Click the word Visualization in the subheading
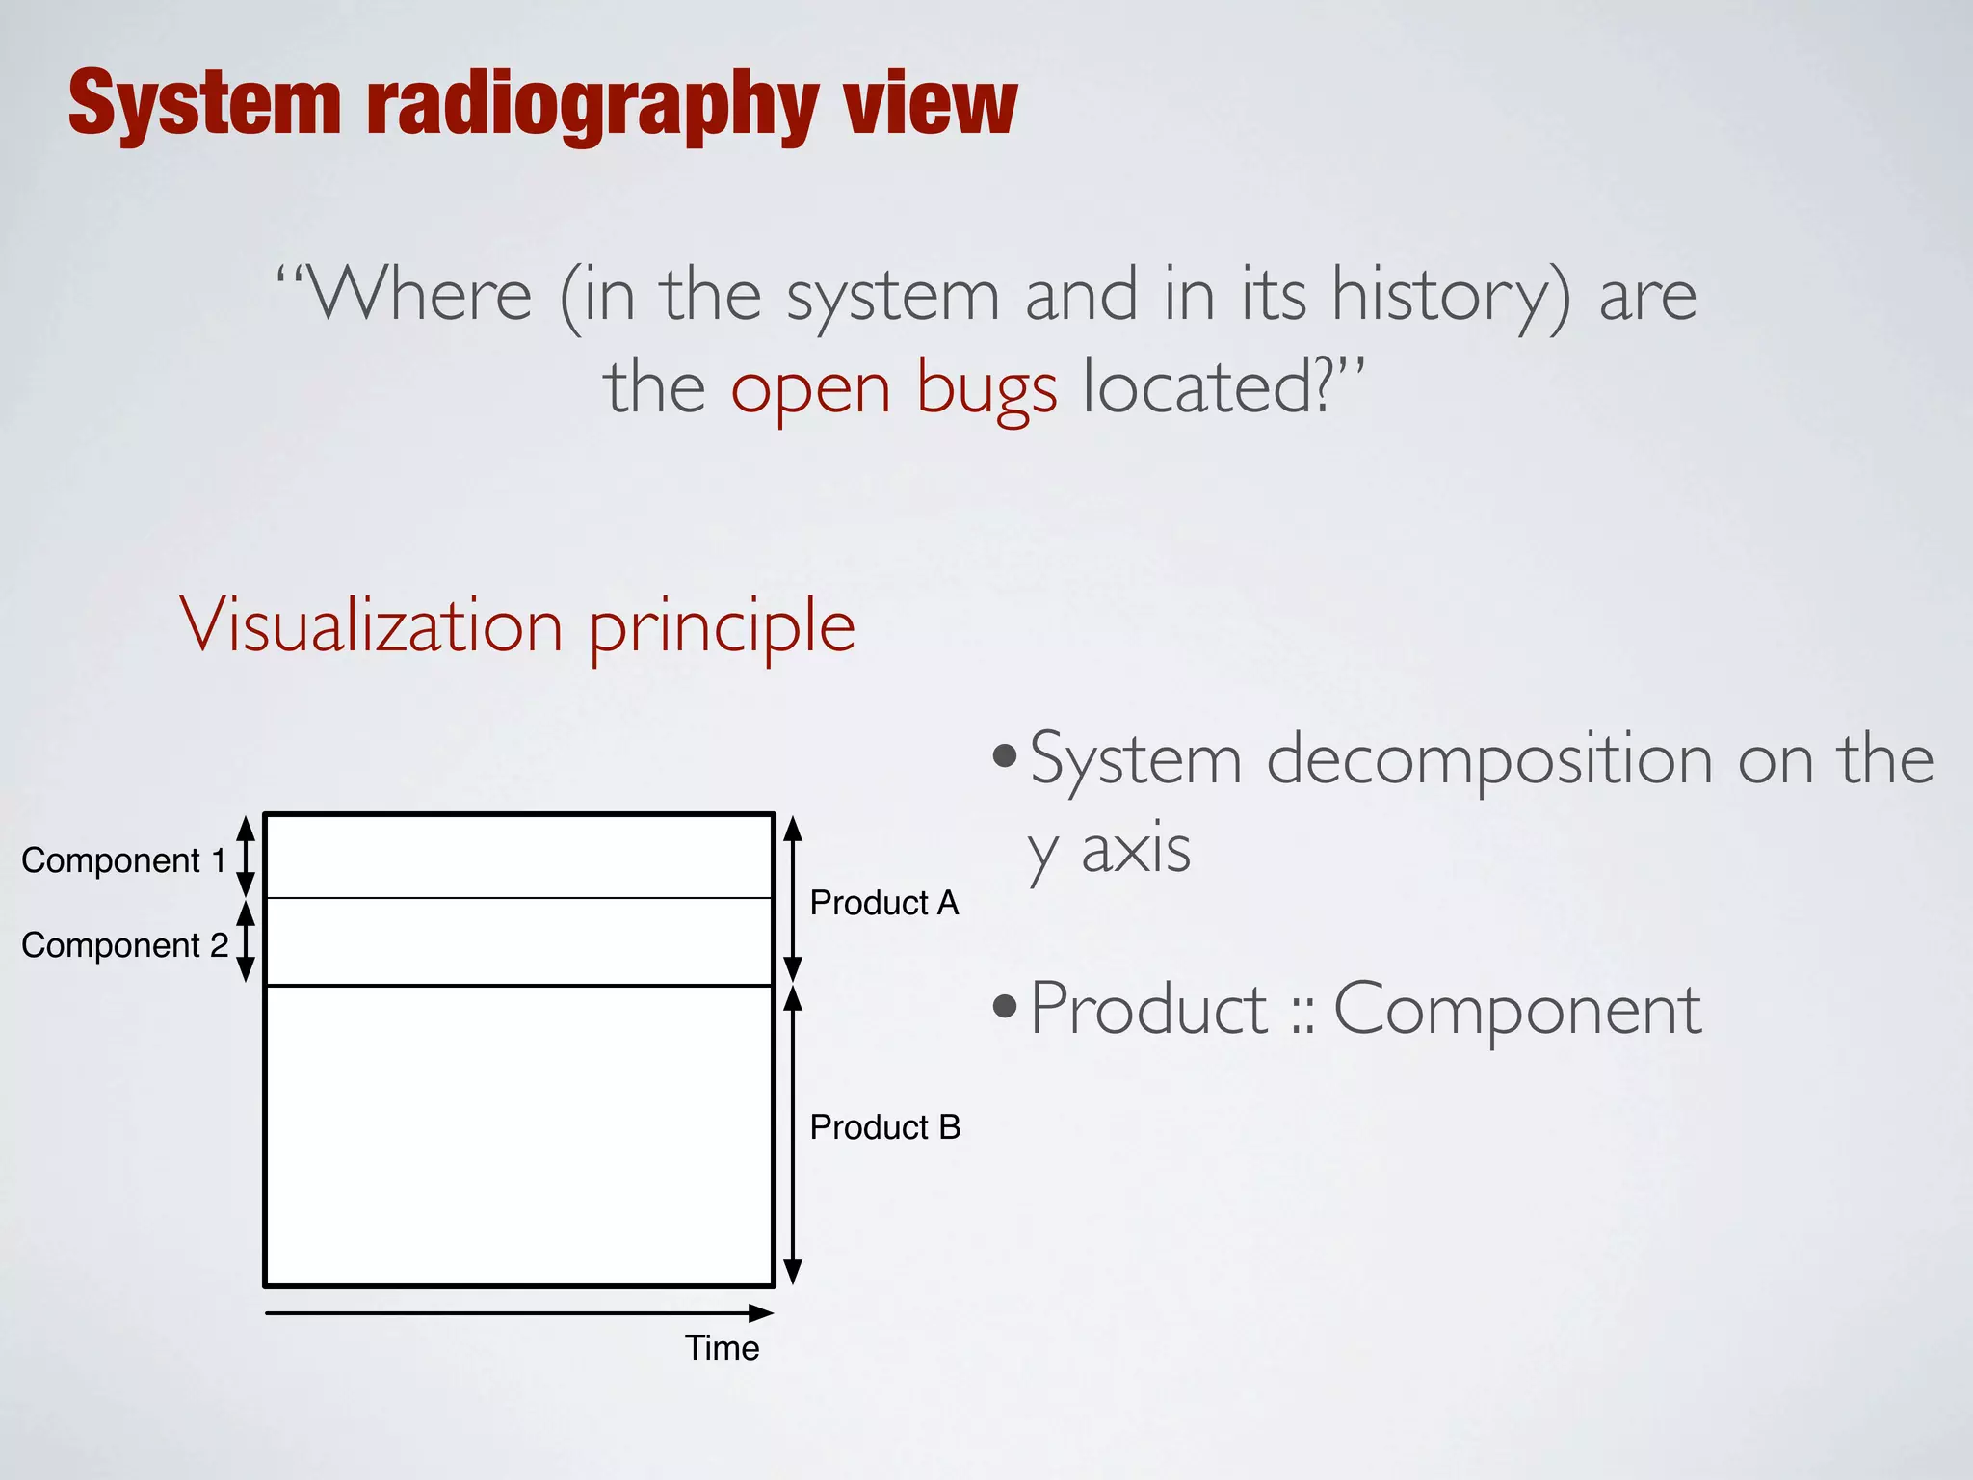pos(372,626)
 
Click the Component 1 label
pos(123,860)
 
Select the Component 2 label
pos(124,945)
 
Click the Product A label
pos(883,903)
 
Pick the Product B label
pos(884,1127)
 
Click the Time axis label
pos(722,1348)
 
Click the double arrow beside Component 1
pos(246,857)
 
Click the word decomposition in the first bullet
pos(1488,760)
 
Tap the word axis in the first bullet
pos(1136,850)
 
